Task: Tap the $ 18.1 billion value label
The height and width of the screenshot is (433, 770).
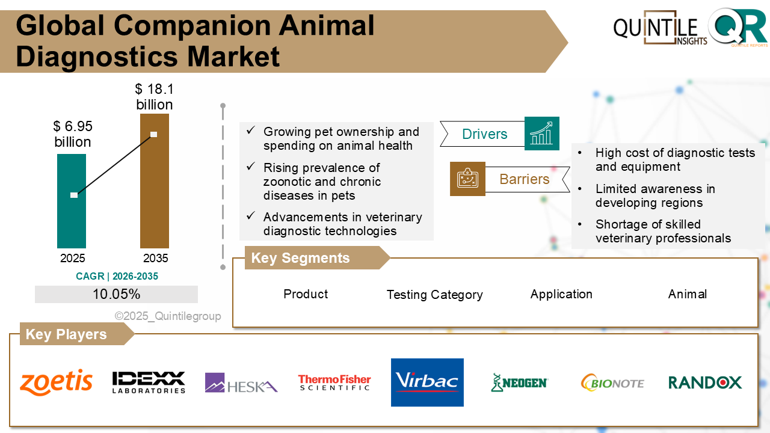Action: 155,97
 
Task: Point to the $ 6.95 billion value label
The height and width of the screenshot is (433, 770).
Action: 73,134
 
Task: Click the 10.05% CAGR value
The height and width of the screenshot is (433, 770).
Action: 116,294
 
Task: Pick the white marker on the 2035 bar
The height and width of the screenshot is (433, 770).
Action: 154,134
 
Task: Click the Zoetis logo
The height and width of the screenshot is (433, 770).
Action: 57,382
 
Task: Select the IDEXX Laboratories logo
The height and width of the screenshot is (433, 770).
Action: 149,382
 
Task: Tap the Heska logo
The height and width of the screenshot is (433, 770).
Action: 241,383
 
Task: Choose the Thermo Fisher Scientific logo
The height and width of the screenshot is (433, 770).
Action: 334,382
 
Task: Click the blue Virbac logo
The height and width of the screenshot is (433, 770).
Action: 427,382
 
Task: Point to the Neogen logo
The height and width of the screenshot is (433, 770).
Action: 519,382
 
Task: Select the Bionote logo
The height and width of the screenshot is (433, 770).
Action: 612,382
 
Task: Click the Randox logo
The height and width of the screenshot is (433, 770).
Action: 705,382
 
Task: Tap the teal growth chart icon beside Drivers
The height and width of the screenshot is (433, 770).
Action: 542,134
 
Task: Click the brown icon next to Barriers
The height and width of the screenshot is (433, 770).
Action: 467,179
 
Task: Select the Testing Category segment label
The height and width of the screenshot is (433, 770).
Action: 434,295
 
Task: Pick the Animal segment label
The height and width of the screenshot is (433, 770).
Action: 687,294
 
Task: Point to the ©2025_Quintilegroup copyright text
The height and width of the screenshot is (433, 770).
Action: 168,316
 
